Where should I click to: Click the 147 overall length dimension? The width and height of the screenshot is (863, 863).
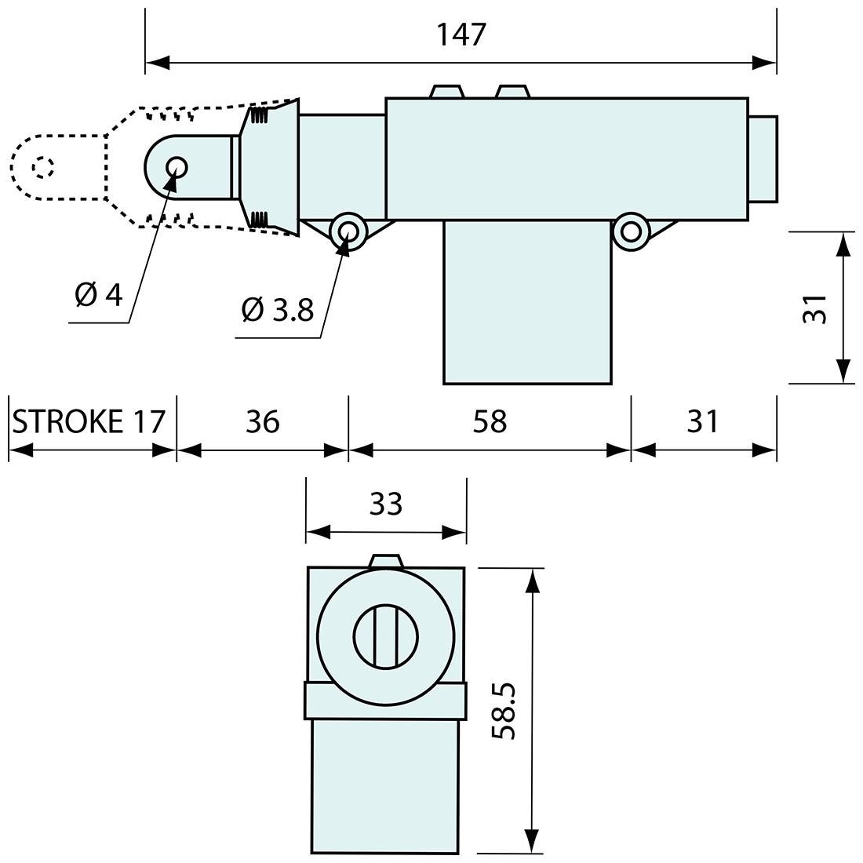coord(462,35)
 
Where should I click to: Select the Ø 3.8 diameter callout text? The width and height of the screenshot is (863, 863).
coord(278,311)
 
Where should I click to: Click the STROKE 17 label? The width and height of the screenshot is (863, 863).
coord(89,421)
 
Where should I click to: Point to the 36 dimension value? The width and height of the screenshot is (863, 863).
coord(262,421)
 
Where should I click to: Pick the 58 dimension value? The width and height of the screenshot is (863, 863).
coord(490,421)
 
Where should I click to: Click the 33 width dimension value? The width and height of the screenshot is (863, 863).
coord(386,504)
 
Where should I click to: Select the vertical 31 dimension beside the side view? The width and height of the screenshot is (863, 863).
coord(816,308)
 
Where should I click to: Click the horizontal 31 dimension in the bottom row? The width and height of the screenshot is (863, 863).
coord(702,421)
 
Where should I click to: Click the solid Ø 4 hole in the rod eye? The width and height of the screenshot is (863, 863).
coord(176,166)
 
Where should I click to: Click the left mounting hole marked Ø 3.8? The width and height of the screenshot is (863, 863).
coord(347,231)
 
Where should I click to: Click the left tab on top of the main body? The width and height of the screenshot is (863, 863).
coord(447,91)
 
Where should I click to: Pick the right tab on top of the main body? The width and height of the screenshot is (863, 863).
coord(513,91)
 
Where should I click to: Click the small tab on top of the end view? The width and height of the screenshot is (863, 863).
coord(385,559)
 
